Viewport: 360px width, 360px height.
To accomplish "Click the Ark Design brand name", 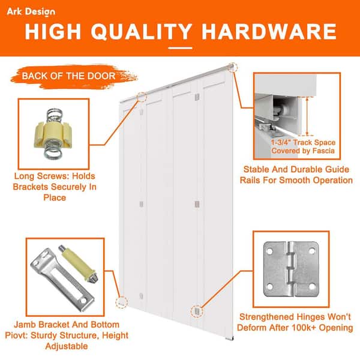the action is point(31,12).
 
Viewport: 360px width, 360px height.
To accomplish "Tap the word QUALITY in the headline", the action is point(142,32).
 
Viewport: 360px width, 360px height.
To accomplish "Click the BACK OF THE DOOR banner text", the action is point(68,76).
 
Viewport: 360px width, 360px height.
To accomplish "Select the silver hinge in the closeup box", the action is point(291,269).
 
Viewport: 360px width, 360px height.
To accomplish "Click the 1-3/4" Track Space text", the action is point(303,142).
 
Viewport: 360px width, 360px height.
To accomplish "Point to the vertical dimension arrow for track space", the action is point(307,116).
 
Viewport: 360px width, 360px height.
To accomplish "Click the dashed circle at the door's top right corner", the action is point(233,67).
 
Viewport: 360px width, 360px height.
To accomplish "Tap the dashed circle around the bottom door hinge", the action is point(197,311).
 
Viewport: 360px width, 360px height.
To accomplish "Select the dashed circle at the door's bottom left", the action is point(121,302).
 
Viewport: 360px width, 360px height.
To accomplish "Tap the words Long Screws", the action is point(42,176).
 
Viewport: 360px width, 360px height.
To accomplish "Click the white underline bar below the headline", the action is point(180,48).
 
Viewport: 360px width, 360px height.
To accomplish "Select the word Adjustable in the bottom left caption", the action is point(67,346).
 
